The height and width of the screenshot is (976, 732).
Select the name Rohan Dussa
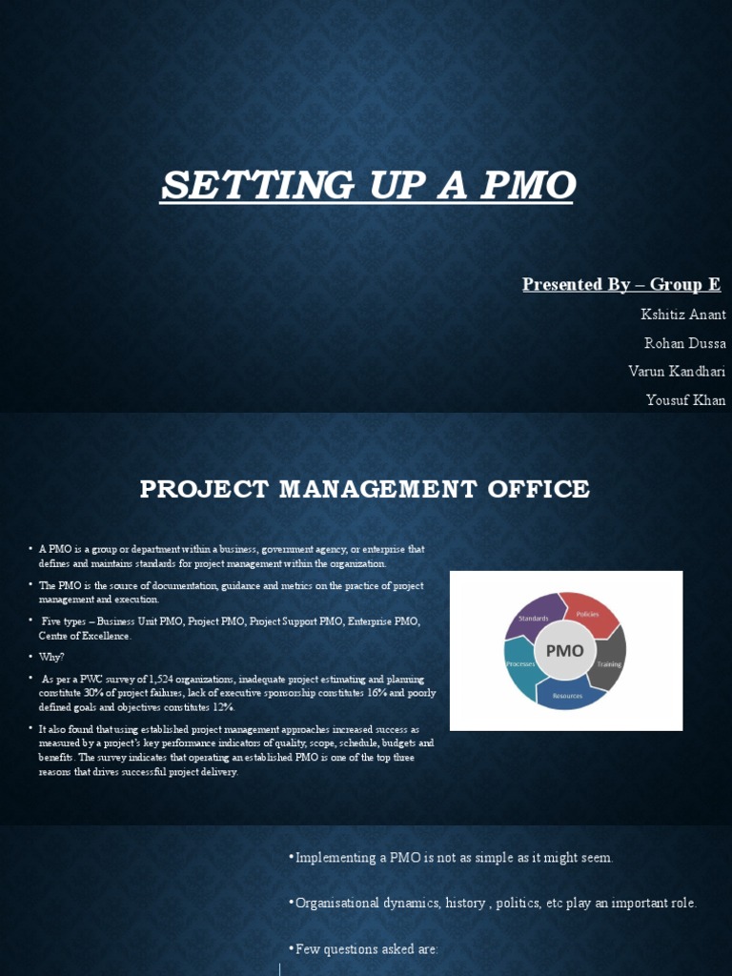(685, 343)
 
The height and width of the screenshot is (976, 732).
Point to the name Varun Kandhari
(677, 372)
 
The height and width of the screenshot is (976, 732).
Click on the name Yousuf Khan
(685, 400)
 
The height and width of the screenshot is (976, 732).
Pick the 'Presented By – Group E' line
(621, 285)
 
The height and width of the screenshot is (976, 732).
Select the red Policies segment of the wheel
(590, 613)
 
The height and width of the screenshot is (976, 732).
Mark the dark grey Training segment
(608, 661)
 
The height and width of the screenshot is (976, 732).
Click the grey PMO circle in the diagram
(564, 652)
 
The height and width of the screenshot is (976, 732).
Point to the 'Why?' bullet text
(51, 657)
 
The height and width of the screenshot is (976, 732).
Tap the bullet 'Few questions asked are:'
(367, 949)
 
